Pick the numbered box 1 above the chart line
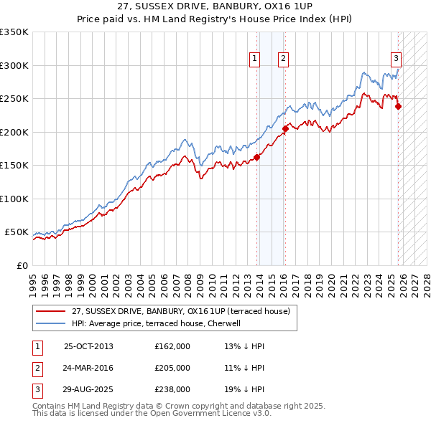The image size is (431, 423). click(x=255, y=60)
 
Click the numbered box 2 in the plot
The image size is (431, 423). click(x=284, y=60)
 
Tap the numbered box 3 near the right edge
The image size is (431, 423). click(x=396, y=60)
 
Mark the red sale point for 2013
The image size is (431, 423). click(x=256, y=158)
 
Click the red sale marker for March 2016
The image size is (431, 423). click(x=285, y=129)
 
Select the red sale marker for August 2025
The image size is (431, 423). click(x=398, y=107)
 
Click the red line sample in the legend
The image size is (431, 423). click(x=52, y=311)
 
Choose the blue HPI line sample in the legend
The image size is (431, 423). click(x=52, y=323)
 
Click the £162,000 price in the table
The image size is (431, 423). click(x=172, y=346)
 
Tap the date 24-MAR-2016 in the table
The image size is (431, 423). click(x=88, y=368)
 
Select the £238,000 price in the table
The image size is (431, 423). click(x=172, y=389)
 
